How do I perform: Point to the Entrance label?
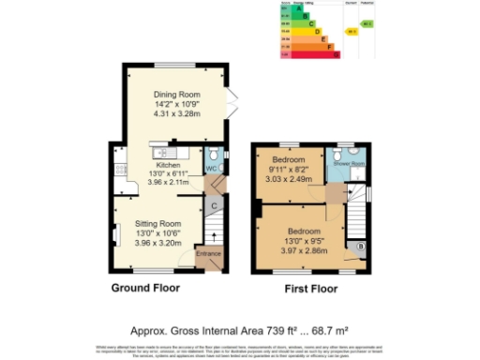tap(207, 253)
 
